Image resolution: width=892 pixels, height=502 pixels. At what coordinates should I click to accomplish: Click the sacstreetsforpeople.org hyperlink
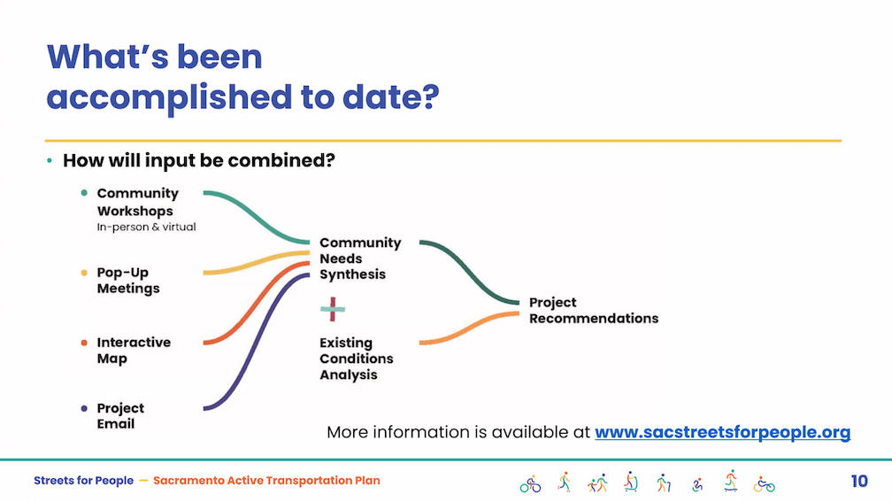pos(722,432)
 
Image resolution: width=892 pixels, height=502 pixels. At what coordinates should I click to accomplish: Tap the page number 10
pos(859,482)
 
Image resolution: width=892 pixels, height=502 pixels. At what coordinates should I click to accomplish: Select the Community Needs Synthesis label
pos(360,259)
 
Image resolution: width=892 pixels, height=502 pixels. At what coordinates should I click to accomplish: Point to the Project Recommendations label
pos(593,310)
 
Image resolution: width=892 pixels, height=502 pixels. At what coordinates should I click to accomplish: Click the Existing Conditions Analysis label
pos(356,359)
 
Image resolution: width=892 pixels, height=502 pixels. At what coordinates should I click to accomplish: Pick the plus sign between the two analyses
pos(333,309)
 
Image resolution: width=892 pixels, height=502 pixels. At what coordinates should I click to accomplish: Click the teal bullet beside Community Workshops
pos(84,193)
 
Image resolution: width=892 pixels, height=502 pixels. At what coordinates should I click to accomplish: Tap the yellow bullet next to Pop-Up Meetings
pos(84,273)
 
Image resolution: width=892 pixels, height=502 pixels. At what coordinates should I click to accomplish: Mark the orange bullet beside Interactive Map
pos(84,343)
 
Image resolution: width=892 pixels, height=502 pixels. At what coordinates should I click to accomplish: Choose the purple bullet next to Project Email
pos(84,408)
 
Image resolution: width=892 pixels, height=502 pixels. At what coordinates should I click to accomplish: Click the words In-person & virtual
pos(146,227)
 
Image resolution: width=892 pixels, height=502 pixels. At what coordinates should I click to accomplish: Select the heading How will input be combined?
pos(198,160)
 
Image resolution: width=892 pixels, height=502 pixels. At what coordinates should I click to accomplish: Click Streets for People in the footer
pos(83,481)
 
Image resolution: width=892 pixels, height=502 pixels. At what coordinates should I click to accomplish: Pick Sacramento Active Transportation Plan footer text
pos(266,481)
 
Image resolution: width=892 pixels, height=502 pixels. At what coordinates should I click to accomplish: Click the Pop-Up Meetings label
pos(128,281)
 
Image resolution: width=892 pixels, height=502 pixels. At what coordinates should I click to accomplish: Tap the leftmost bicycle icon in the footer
pos(530,484)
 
